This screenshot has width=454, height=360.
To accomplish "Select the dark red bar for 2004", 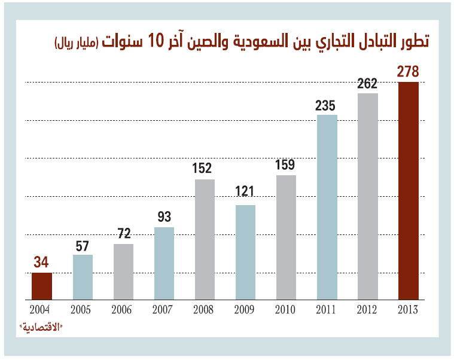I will coord(42,286).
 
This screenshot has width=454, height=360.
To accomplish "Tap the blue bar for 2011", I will coord(327,206).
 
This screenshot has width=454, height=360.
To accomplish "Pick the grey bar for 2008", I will coord(205,239).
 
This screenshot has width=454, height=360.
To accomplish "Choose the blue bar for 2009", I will coord(245,252).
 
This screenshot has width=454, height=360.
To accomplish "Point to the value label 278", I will coord(408,72).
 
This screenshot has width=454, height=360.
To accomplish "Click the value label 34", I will coord(42,262).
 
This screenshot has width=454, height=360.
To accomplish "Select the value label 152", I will coord(204,169).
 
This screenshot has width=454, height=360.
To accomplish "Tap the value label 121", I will coord(245,192).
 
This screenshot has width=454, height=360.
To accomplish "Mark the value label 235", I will coord(327,105).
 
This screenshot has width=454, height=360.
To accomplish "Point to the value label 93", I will coord(163,216).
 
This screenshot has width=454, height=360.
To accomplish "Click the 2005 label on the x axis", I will coord(83,310).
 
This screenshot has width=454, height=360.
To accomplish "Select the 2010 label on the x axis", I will coord(286,310).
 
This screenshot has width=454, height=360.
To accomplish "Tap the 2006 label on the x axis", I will coord(123,310).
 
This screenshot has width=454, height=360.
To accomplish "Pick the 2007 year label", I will coord(163,310).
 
